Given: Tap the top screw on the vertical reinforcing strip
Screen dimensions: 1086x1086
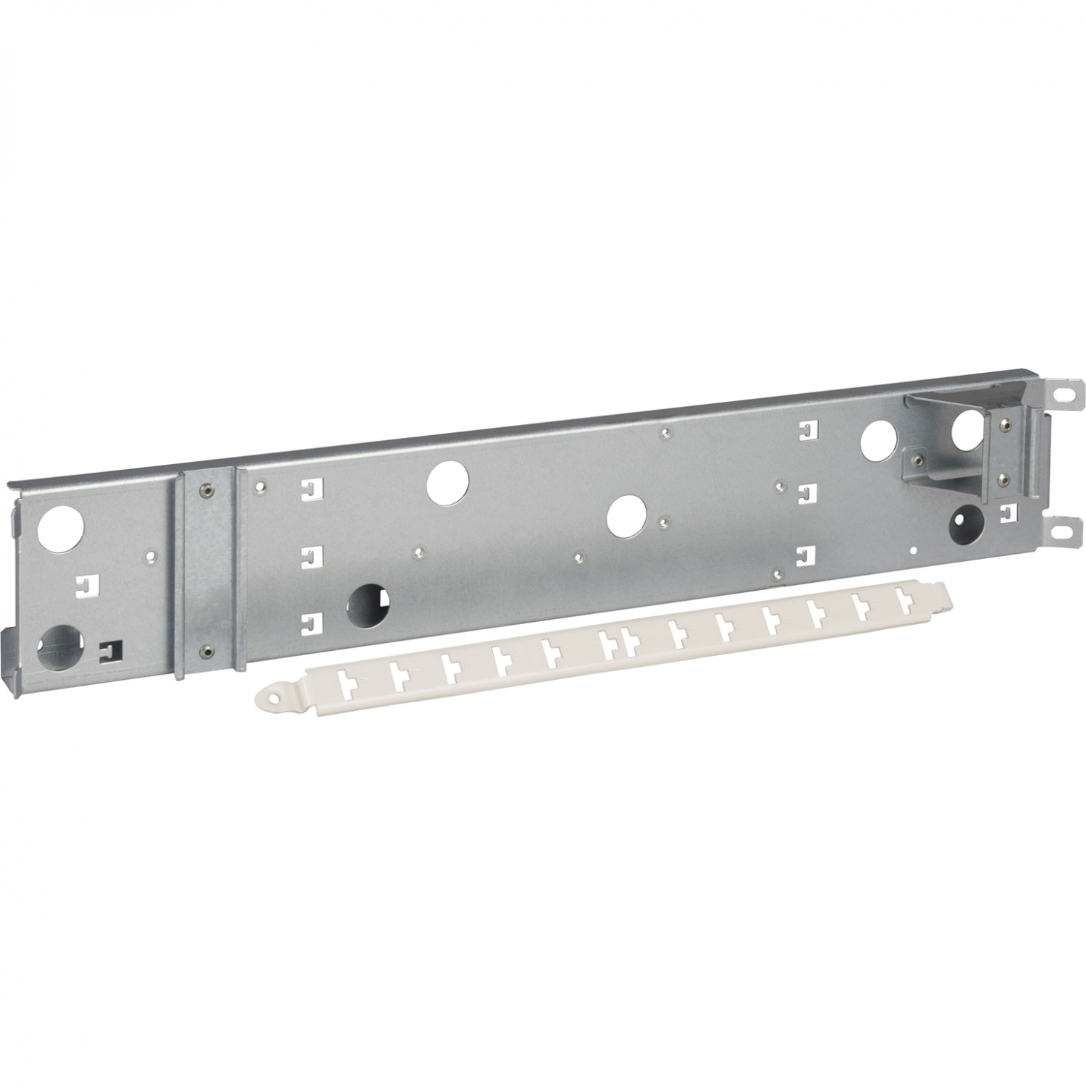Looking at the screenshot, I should click(x=207, y=487).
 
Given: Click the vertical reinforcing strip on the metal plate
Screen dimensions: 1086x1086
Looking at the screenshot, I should click(x=207, y=568).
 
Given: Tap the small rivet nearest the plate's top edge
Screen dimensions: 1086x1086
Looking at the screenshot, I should click(x=666, y=432).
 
